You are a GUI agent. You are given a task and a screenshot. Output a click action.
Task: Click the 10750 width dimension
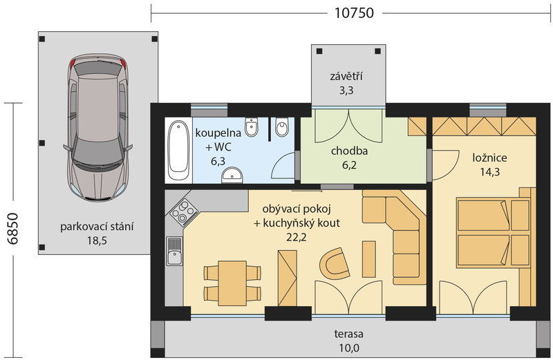tap(354, 13)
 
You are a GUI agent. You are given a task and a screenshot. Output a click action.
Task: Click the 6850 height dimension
tap(13, 229)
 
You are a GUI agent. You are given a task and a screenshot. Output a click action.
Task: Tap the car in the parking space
tap(97, 128)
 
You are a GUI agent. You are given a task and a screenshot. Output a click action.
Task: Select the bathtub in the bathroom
tap(178, 150)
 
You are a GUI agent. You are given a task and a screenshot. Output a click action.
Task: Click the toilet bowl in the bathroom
tap(282, 127)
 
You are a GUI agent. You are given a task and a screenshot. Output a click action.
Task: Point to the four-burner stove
tap(183, 212)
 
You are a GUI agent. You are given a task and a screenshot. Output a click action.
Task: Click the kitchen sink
tap(175, 251)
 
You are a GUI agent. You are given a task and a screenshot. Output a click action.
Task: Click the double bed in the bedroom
tap(493, 231)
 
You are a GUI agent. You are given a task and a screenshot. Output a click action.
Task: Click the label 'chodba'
tap(349, 151)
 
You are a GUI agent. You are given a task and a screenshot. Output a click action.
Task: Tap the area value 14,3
tap(489, 172)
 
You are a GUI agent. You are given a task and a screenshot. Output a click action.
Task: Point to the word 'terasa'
tap(349, 334)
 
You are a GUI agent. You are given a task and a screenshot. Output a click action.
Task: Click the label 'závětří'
tap(346, 76)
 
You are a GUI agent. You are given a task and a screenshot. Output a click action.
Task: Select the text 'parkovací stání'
tap(97, 227)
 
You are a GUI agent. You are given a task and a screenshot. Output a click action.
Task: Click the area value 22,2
tap(297, 237)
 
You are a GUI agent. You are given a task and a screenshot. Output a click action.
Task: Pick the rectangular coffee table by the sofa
tap(369, 259)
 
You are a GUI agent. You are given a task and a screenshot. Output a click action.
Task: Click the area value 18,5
tap(97, 241)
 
